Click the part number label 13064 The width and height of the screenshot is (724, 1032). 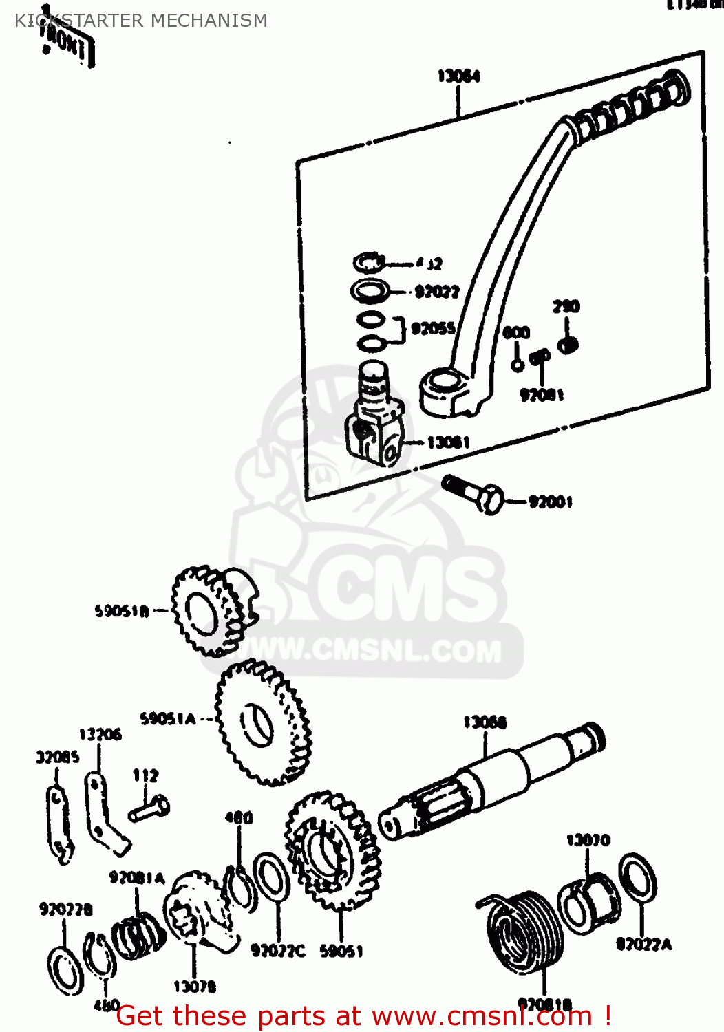coord(458,76)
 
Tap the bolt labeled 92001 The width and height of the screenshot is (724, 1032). coord(473,493)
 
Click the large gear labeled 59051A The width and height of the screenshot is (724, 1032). coord(262,722)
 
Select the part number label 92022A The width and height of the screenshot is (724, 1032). coord(643,945)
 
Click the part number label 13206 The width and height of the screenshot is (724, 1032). coord(100,735)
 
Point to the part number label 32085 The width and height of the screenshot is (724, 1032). coord(58,757)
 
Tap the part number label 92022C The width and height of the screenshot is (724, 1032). coord(277,951)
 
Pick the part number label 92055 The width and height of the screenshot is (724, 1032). coord(433,329)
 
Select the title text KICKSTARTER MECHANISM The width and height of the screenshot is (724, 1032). coord(141,21)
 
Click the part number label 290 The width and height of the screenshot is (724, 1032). coord(566,307)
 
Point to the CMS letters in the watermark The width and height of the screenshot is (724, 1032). coord(406,592)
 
